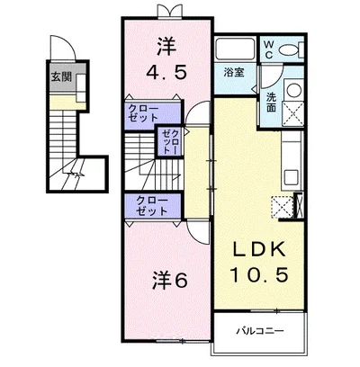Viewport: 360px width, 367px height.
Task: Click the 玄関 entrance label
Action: [x=61, y=77]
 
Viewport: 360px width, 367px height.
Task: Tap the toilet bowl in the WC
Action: [x=288, y=49]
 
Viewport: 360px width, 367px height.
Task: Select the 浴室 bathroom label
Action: [x=234, y=73]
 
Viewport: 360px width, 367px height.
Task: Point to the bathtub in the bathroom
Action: [x=236, y=49]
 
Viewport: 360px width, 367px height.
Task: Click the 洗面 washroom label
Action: [x=272, y=102]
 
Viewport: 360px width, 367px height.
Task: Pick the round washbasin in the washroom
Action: [x=293, y=89]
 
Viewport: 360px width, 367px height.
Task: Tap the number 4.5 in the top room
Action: [x=166, y=73]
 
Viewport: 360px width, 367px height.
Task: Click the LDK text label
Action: [x=260, y=250]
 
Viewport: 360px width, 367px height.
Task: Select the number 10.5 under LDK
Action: [x=259, y=274]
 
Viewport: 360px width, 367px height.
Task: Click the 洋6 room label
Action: [x=169, y=281]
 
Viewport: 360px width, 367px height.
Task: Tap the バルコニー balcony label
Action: [x=260, y=331]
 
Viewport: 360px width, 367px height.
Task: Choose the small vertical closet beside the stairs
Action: [x=170, y=141]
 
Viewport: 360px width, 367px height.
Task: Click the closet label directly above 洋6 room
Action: [x=152, y=206]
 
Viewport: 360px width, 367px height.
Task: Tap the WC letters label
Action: [x=269, y=49]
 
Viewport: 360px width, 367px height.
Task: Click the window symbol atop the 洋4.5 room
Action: [x=170, y=11]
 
